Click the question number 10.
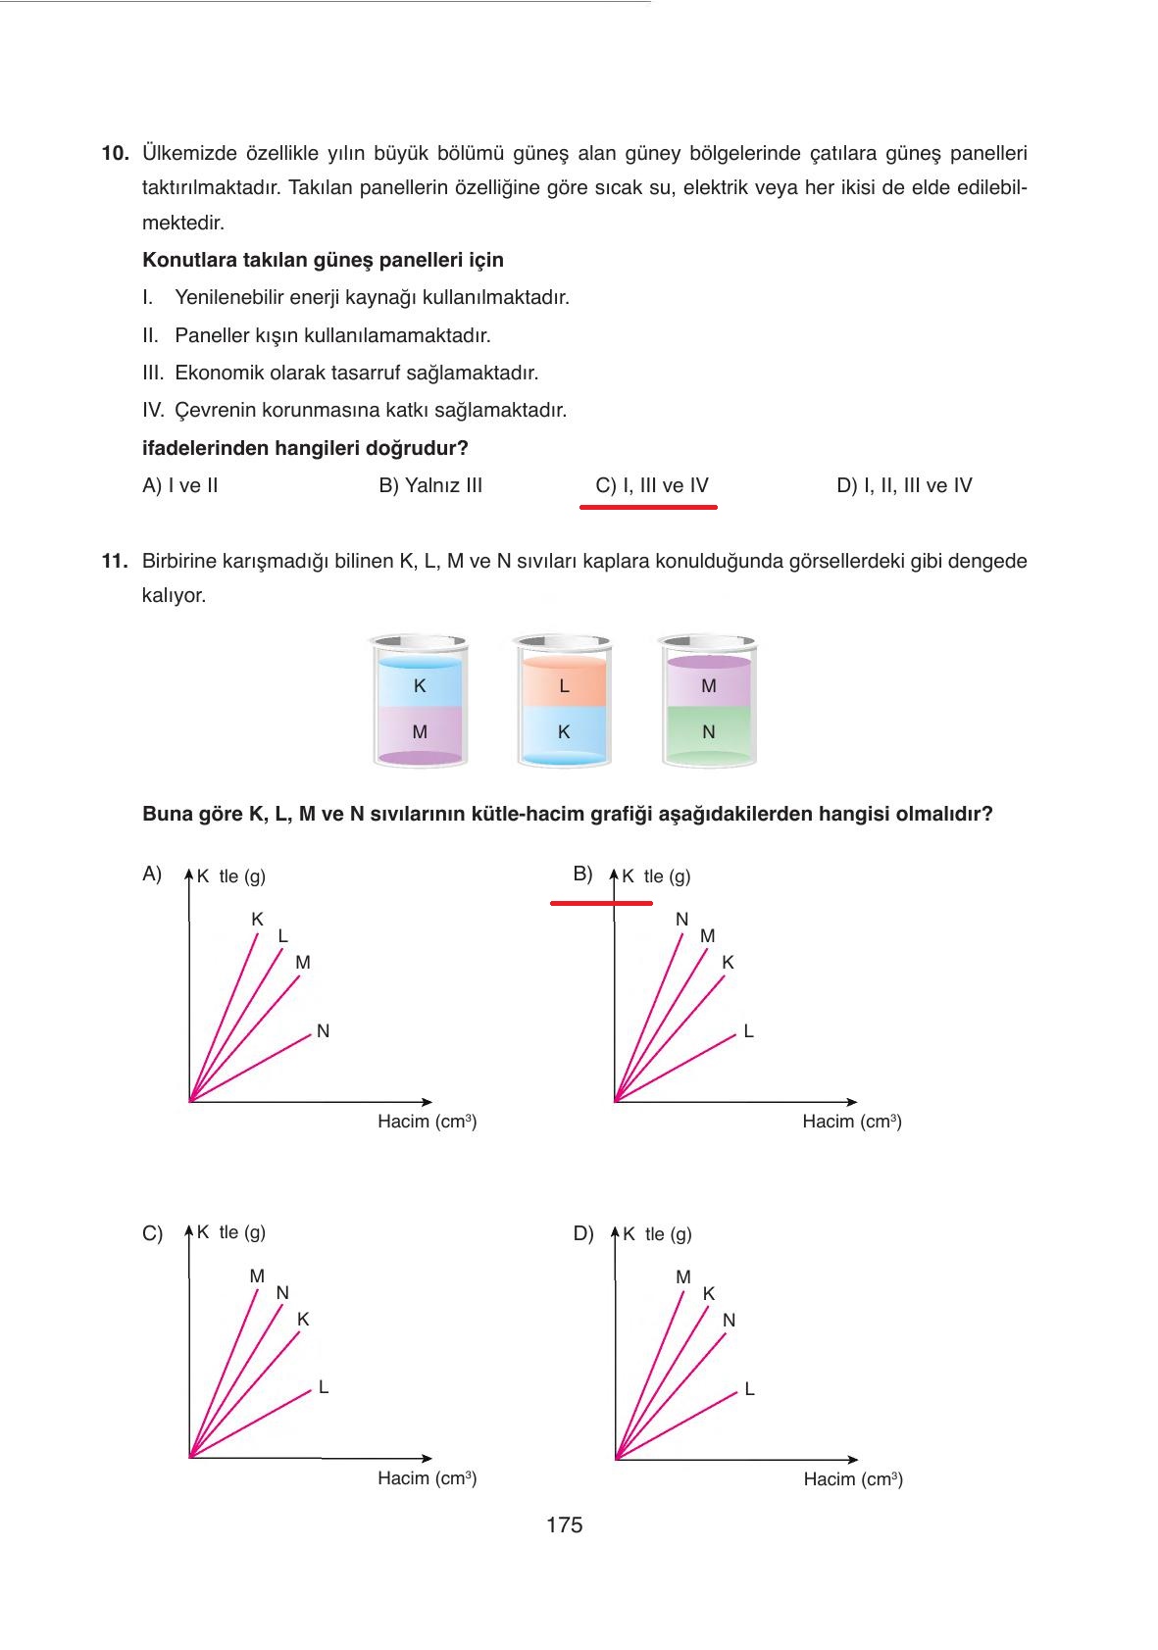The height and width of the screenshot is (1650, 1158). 115,154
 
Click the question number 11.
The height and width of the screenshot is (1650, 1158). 115,562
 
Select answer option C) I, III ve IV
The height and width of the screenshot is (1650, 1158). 651,485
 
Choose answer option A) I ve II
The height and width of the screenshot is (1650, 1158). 180,485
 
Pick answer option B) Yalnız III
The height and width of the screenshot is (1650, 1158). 430,485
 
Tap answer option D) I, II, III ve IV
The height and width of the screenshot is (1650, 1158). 904,485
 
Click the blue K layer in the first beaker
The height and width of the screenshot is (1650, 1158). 420,685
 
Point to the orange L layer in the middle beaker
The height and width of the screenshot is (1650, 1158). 564,685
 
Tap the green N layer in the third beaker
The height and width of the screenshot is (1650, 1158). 709,732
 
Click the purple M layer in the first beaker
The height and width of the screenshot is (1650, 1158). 420,732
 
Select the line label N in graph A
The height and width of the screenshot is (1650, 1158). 324,1031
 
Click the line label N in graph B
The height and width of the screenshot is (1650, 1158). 682,920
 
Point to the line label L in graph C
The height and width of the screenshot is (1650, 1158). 324,1387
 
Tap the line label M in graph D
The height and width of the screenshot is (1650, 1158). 683,1277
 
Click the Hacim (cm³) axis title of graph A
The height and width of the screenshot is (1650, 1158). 428,1122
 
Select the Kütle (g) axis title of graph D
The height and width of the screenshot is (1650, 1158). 657,1234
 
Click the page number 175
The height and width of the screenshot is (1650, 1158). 565,1525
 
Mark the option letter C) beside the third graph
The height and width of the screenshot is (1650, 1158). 152,1234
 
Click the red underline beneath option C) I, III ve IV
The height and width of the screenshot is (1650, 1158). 648,507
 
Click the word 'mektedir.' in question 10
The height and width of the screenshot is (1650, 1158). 183,223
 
